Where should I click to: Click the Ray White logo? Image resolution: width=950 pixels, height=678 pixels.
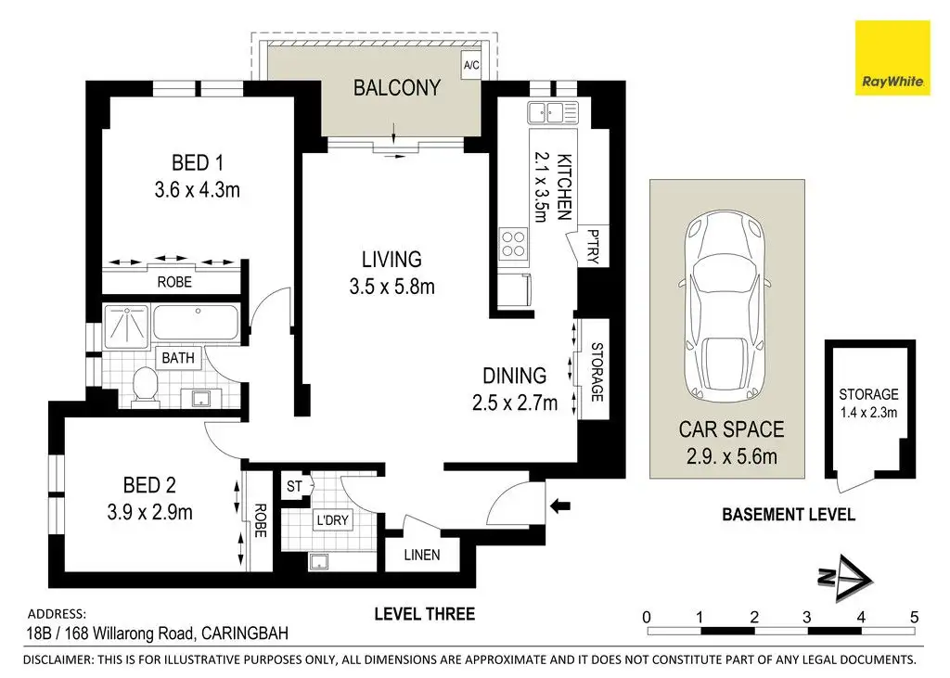click(x=892, y=58)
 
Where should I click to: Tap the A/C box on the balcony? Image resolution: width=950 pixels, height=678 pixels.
click(x=470, y=65)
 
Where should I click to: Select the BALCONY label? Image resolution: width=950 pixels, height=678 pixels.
click(x=397, y=88)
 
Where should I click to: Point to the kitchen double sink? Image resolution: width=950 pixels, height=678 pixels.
click(x=553, y=113)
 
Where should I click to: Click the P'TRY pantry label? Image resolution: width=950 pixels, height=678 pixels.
click(x=593, y=246)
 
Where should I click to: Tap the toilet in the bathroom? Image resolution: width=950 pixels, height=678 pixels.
click(x=145, y=384)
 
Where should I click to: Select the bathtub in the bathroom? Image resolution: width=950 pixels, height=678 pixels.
click(x=196, y=323)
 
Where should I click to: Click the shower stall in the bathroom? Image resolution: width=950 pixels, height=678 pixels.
click(x=126, y=326)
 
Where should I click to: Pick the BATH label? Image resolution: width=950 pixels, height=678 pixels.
click(x=178, y=358)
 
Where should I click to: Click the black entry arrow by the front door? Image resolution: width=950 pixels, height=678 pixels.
click(x=559, y=505)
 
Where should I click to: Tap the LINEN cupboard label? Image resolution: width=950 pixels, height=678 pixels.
click(x=422, y=555)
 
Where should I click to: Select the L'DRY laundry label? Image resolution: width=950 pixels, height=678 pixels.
click(x=333, y=519)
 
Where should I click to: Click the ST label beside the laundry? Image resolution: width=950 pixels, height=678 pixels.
click(x=294, y=486)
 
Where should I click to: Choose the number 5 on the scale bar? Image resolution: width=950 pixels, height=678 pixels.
click(x=914, y=618)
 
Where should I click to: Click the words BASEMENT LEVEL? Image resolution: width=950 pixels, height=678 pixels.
click(x=789, y=515)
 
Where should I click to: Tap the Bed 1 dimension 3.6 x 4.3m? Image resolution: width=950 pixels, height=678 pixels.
click(x=197, y=189)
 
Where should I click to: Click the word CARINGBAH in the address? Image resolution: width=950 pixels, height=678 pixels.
click(x=245, y=633)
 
